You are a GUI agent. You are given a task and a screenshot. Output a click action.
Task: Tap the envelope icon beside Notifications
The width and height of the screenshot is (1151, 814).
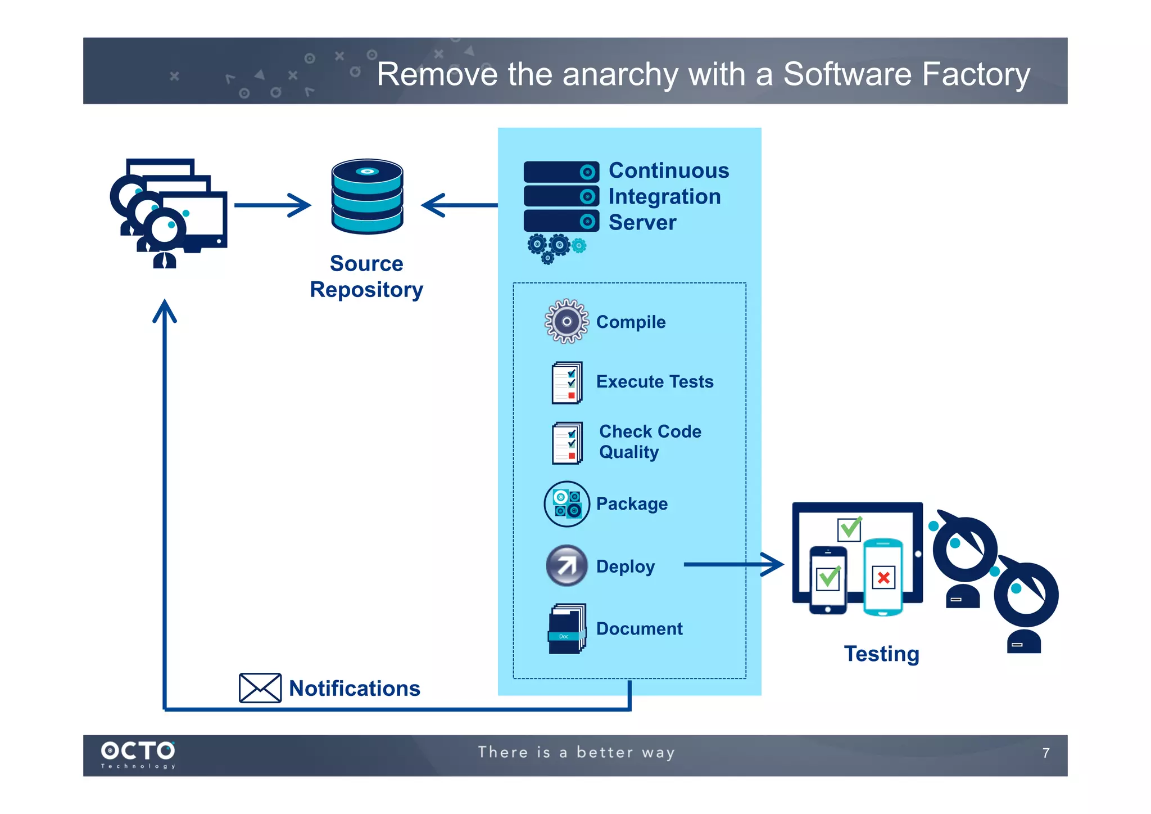(260, 687)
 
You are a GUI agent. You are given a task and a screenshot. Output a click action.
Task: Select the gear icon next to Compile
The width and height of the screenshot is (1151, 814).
(567, 321)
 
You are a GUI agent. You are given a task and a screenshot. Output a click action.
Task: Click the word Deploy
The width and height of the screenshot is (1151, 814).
(625, 566)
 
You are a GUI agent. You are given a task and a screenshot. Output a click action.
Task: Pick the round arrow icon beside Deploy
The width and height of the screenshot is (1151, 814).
(567, 565)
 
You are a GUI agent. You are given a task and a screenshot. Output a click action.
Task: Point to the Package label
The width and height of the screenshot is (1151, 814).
(632, 503)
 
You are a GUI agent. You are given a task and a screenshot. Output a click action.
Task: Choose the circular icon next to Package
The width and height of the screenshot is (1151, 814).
(567, 503)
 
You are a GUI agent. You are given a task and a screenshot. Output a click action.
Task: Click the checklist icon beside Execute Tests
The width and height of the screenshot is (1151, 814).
(567, 383)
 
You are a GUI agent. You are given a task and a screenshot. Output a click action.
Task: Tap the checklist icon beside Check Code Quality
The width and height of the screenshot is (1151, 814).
(567, 443)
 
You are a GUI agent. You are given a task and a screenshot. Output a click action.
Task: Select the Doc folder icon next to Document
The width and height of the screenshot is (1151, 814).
(567, 628)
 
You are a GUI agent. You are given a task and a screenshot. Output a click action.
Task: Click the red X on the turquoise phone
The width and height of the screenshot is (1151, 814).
(883, 577)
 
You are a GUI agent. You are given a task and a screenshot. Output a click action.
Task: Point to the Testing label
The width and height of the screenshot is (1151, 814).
(881, 654)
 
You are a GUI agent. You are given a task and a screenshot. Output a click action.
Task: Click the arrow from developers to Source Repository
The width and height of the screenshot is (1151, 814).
(273, 205)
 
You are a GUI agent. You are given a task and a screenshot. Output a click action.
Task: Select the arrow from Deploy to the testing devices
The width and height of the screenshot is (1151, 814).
(733, 564)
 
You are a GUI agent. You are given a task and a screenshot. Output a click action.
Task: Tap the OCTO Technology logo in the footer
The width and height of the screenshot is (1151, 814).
(138, 754)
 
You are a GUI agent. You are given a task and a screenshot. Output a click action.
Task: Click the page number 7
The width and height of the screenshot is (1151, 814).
(1045, 753)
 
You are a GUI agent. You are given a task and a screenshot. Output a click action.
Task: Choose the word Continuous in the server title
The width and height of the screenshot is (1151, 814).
(669, 170)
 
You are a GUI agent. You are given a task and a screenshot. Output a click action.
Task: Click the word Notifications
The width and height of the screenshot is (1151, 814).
(355, 688)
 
